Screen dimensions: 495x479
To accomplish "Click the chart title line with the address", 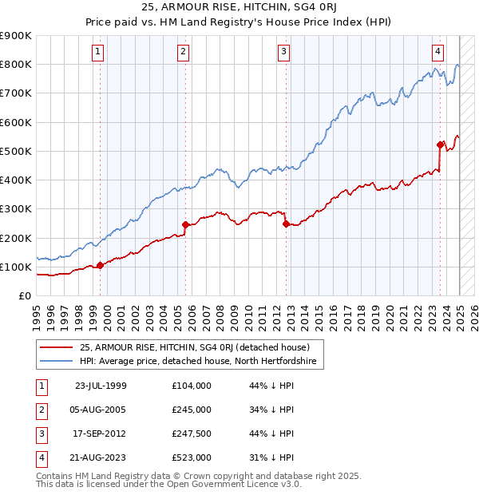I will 239,9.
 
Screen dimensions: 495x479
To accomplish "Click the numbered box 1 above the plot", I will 97,53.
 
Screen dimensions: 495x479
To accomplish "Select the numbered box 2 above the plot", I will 183,53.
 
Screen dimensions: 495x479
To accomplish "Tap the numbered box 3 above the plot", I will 283,53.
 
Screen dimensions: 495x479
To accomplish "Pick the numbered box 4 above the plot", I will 438,53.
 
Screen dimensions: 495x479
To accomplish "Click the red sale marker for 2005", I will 185,224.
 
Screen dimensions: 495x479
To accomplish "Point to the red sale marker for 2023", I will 440,145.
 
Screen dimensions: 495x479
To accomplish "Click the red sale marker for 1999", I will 100,265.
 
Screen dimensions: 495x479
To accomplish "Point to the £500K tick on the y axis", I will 16,151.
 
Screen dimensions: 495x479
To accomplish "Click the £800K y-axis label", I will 16,64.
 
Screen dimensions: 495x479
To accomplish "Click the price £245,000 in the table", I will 192,410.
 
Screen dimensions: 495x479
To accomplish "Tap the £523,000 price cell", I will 192,457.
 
